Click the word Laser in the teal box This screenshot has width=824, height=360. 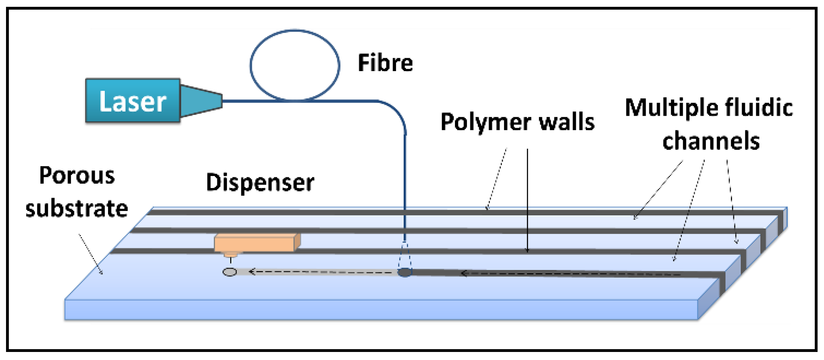point(133,101)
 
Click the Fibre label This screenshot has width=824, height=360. point(385,63)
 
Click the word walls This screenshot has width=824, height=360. point(566,122)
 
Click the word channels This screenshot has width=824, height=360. point(711,141)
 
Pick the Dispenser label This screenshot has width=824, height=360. point(260,183)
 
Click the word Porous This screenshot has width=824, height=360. point(77,176)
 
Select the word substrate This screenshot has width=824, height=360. point(77,209)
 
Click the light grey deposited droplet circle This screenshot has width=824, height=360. point(229,272)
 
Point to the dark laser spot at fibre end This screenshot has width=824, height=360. point(404,272)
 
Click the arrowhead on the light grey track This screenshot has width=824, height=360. point(252,272)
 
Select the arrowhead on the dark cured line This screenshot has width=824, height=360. point(464,273)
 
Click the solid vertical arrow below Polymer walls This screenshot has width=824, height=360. point(527,201)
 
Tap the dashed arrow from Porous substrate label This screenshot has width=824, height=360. point(90,254)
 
